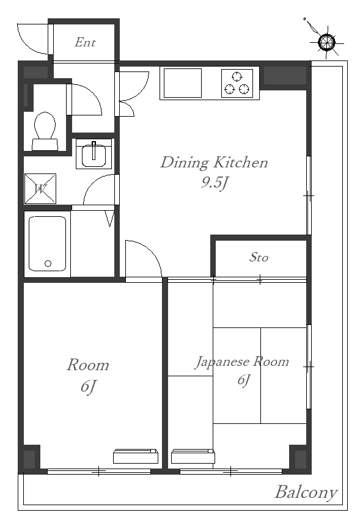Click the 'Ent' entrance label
[85, 43]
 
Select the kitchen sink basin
[182, 83]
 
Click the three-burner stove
[237, 83]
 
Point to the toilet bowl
[45, 130]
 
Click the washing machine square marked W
[40, 189]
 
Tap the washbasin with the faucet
[94, 154]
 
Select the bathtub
[47, 244]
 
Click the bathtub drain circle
[48, 263]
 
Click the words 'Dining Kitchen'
[214, 163]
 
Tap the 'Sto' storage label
[259, 257]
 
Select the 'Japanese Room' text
[242, 362]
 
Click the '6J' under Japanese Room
[243, 380]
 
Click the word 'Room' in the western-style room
[88, 365]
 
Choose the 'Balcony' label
[306, 492]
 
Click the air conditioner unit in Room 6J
[136, 456]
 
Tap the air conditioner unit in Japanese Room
[193, 456]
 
